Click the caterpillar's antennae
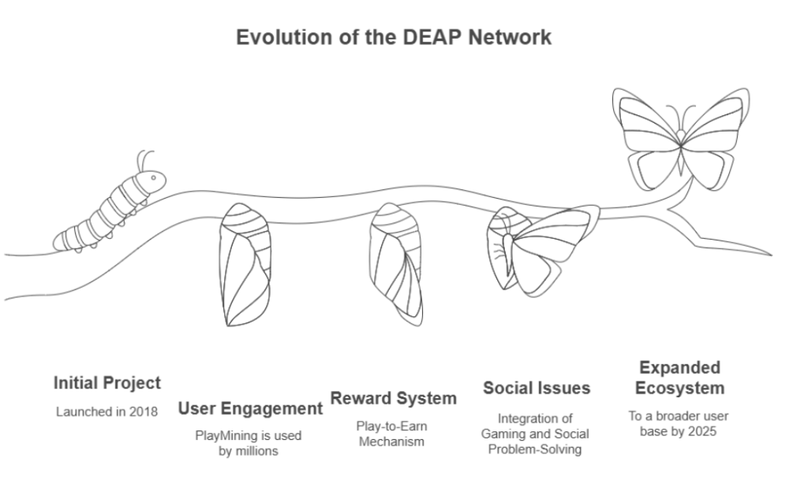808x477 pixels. point(144,159)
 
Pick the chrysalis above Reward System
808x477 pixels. point(400,264)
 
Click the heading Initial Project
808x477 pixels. point(107,383)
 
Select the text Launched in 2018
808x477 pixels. point(107,412)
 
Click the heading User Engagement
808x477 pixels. point(250,408)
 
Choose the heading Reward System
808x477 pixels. point(393,398)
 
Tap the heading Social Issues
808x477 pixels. point(536,388)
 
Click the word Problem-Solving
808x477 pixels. point(537,449)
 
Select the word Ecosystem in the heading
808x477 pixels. point(679,388)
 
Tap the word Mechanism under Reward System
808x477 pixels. point(392,442)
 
